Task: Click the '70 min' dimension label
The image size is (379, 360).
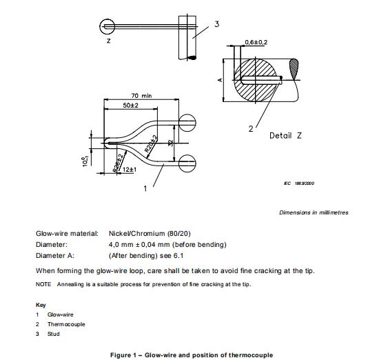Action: [141, 95]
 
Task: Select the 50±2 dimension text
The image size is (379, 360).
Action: [132, 105]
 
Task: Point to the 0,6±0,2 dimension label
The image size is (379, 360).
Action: [256, 43]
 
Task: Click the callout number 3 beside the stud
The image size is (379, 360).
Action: [216, 24]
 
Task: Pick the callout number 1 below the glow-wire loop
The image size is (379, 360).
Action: [145, 188]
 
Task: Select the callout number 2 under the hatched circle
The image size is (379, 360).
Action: [250, 129]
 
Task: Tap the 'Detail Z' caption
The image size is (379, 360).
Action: [285, 136]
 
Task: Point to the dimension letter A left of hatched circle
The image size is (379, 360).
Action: [220, 80]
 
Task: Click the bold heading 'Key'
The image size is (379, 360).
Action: [41, 304]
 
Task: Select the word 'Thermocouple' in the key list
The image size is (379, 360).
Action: [66, 324]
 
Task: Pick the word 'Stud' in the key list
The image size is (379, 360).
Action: [54, 334]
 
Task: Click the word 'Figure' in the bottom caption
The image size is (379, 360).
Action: [122, 354]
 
